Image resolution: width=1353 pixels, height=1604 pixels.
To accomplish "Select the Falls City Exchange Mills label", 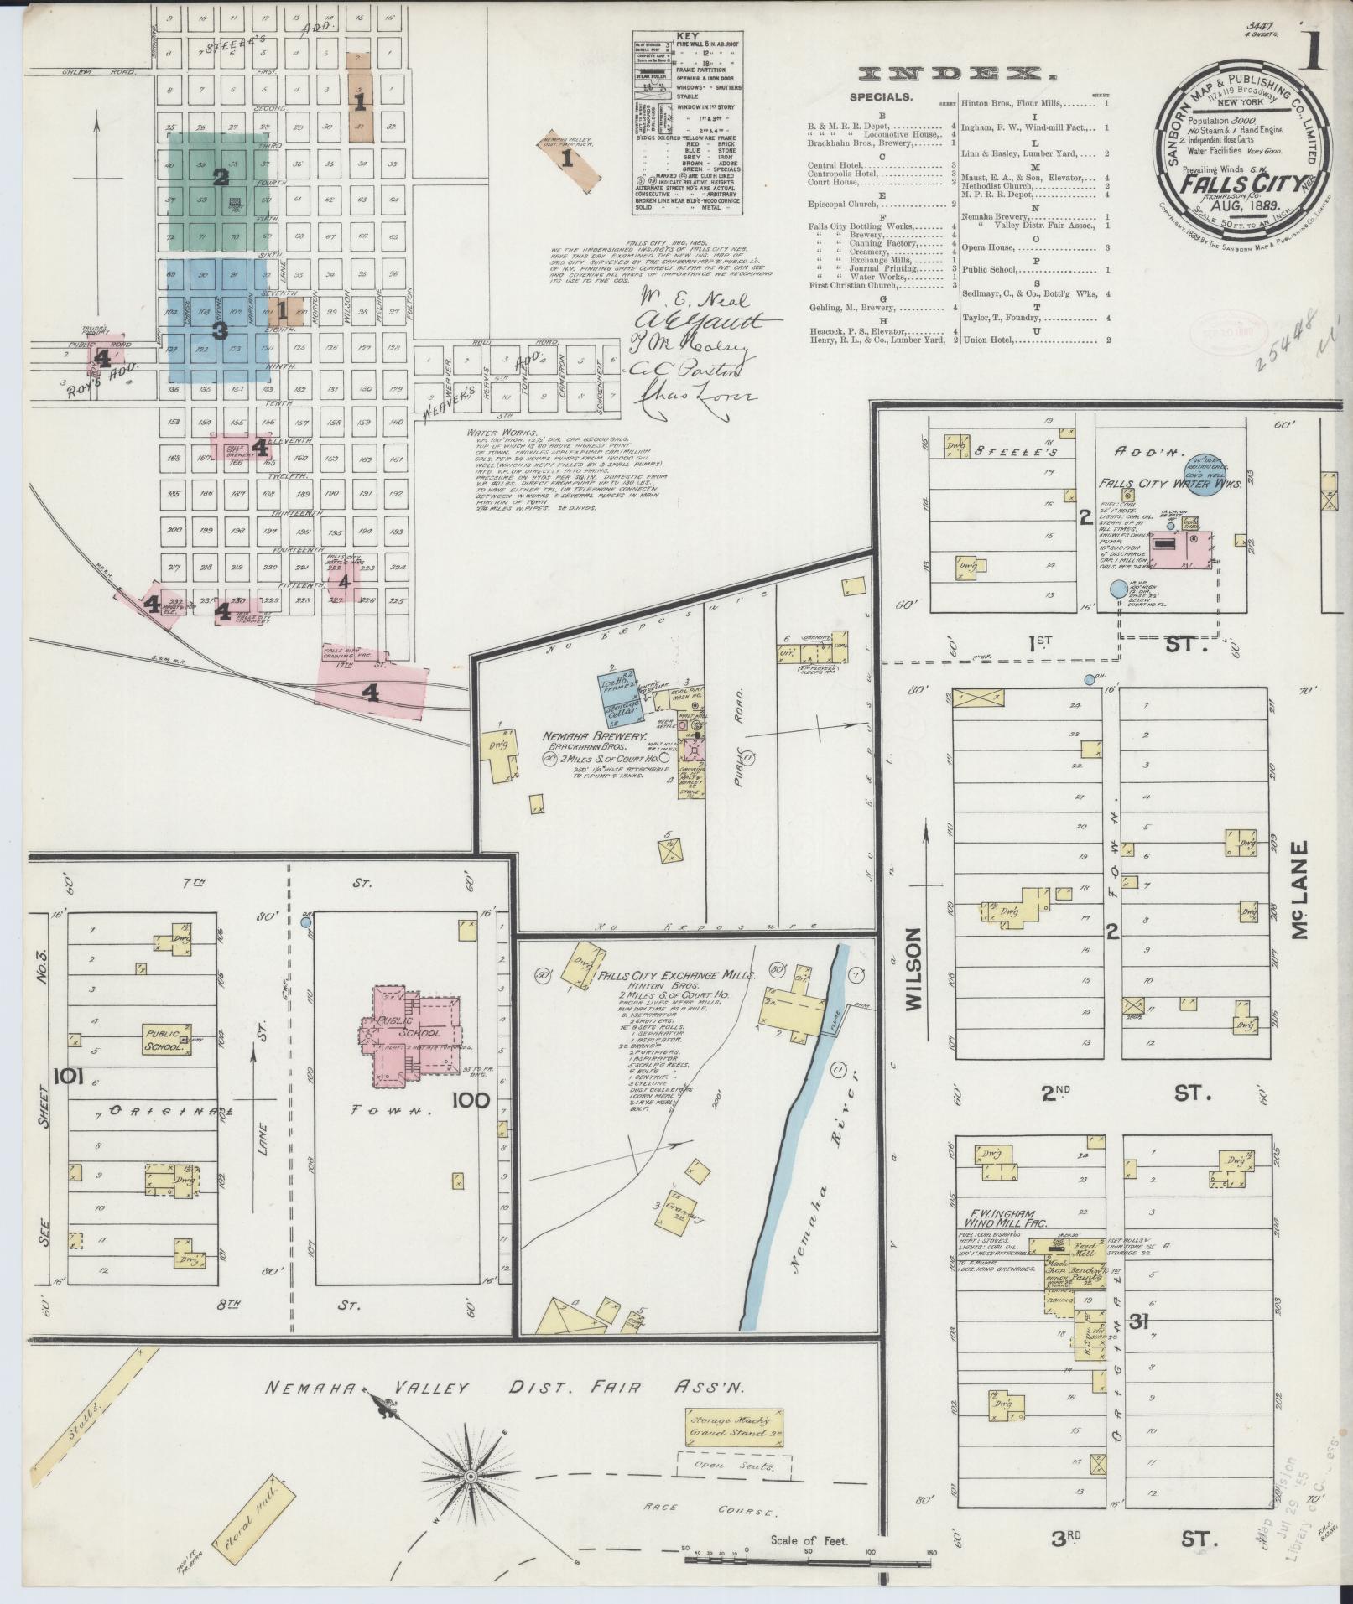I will pyautogui.click(x=678, y=976).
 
